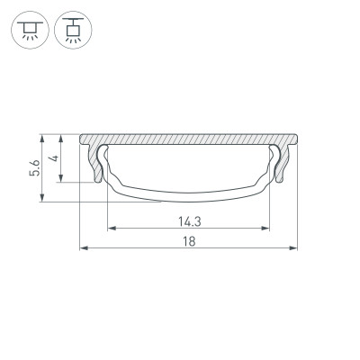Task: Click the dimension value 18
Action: coord(189,240)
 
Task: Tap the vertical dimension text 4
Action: coord(55,157)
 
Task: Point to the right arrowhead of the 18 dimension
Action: coord(294,247)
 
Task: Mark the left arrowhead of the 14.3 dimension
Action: coord(111,226)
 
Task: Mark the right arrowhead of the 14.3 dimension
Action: coord(267,226)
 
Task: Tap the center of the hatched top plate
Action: coord(189,141)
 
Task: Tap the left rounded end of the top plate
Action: coord(84,141)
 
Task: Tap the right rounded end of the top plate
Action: coord(294,141)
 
